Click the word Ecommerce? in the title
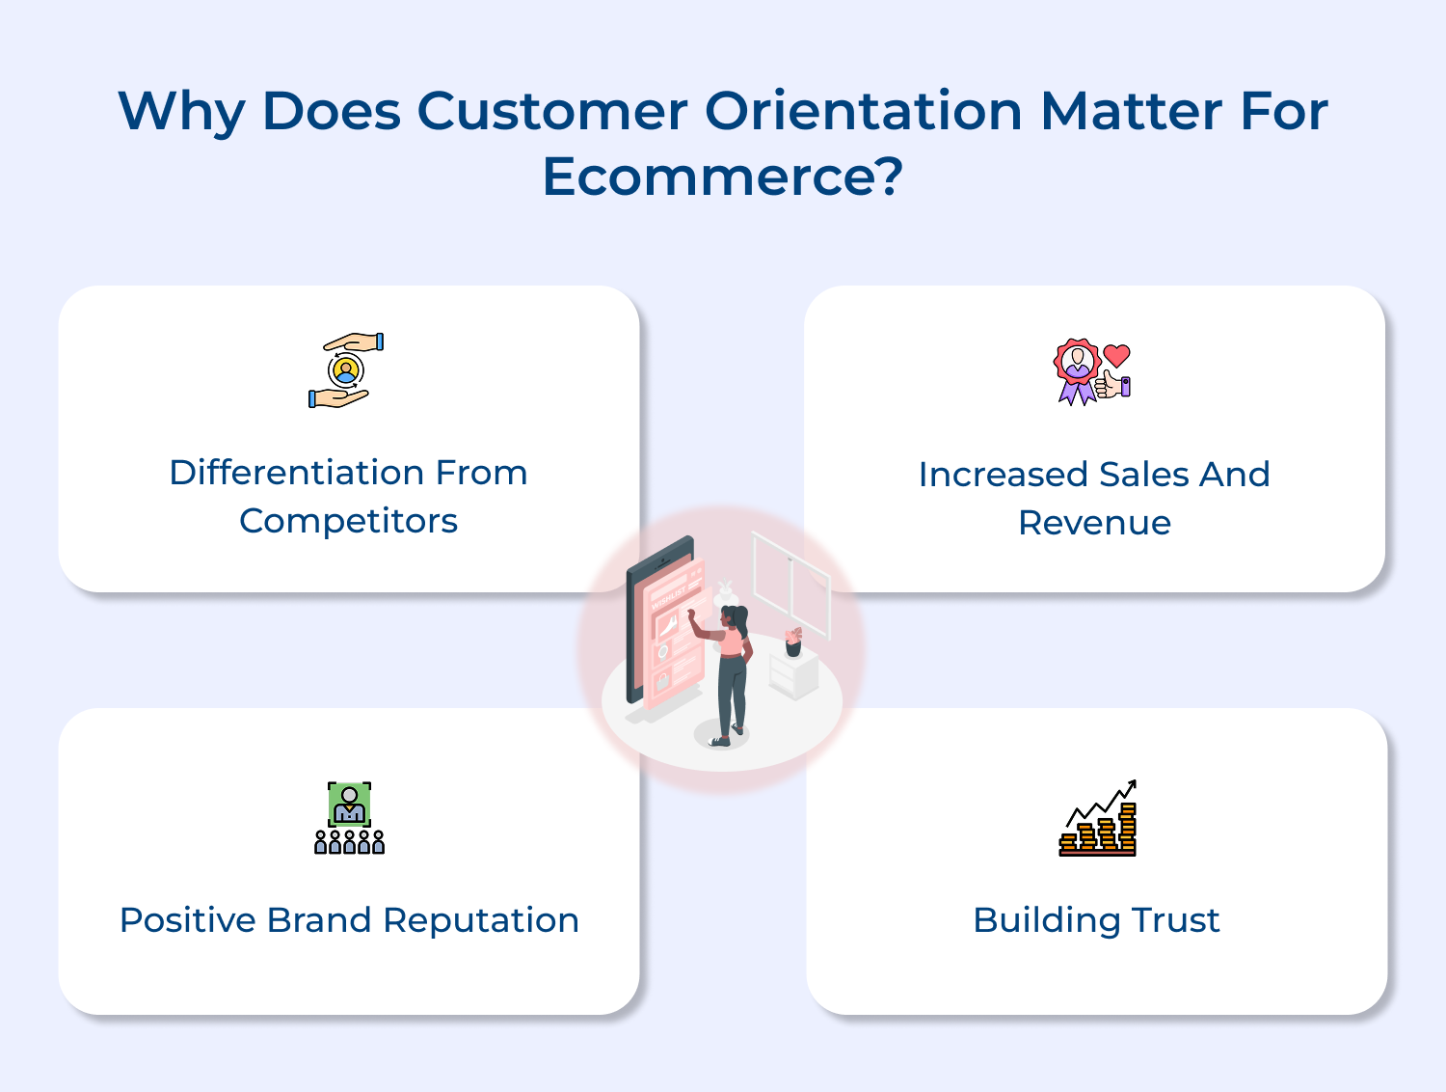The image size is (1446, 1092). pos(723,176)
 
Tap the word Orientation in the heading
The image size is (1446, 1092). pos(863,110)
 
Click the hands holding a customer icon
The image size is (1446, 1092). pos(346,369)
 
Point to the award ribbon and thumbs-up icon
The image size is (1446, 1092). pos(1091,371)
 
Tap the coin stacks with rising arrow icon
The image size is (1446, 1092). pos(1097,818)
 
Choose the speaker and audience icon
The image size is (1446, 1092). pos(349,818)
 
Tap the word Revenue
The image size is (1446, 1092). pos(1094,523)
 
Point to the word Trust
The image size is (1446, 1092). pos(1176,920)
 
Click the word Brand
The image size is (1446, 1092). pos(319,920)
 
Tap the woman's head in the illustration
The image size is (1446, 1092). pos(734,617)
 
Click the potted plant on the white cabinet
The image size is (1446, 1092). pos(793,642)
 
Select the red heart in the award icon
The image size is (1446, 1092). pos(1116,356)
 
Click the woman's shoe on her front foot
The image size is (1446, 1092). pos(718,742)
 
